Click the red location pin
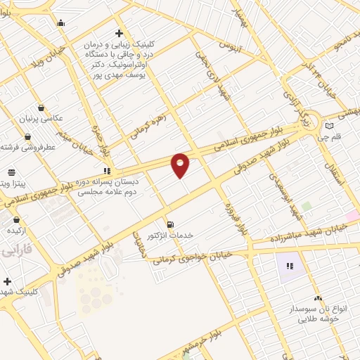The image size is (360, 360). click(x=181, y=165)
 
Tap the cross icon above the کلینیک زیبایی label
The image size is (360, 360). click(x=120, y=33)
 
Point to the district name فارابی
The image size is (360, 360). click(x=13, y=251)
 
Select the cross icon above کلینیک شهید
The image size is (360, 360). click(x=7, y=281)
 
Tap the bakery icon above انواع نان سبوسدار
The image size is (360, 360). click(x=317, y=298)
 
